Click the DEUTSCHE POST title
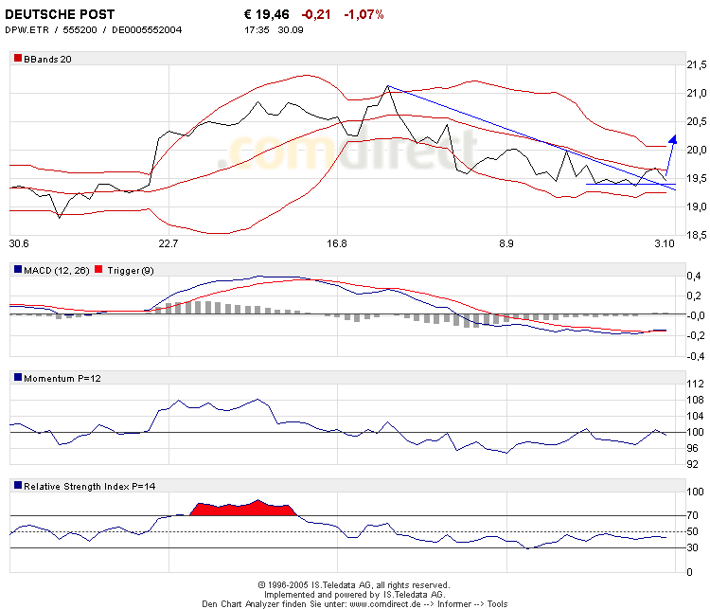click(60, 14)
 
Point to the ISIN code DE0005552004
click(148, 29)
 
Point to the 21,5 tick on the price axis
click(696, 64)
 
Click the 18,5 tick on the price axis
click(696, 235)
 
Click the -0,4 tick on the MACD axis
click(695, 357)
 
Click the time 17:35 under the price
click(257, 29)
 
